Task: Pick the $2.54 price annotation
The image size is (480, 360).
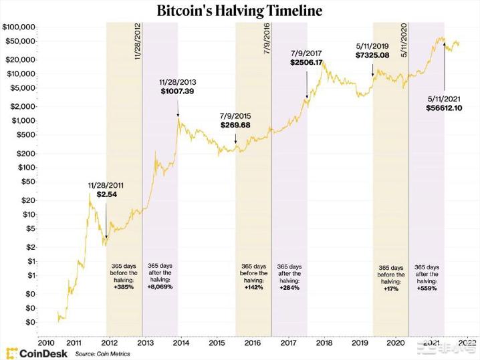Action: [x=106, y=194]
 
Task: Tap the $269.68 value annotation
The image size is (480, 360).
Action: [x=235, y=125]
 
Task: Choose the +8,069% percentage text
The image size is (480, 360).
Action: [x=160, y=287]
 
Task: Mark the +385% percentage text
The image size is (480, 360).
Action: [x=124, y=287]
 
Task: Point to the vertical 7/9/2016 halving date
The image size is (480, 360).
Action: [x=267, y=41]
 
